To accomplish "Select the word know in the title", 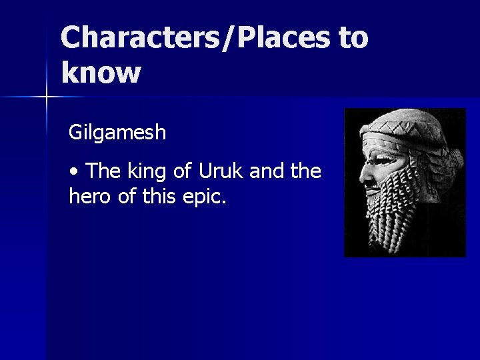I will pos(100,71).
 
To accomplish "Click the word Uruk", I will pos(229,172).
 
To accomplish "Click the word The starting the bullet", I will pos(102,172).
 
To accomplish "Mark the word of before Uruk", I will pos(189,172).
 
